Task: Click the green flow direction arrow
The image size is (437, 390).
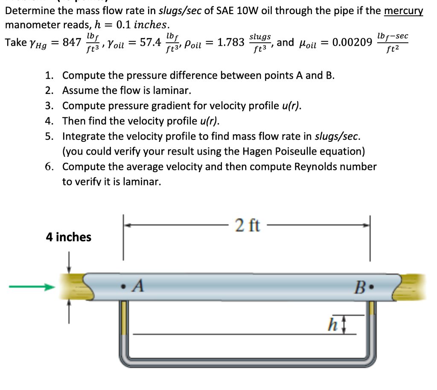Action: (32, 287)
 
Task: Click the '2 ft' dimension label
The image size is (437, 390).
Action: (247, 225)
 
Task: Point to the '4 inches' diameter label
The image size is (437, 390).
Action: (69, 237)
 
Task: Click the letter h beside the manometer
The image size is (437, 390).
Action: (330, 325)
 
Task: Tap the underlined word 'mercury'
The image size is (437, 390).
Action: (403, 11)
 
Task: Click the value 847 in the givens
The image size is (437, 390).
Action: (72, 42)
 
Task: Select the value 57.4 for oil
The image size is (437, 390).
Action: (151, 42)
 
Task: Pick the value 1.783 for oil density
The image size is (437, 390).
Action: (231, 42)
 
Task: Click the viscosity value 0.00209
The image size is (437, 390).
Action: (352, 42)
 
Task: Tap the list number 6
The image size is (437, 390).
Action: (50, 167)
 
